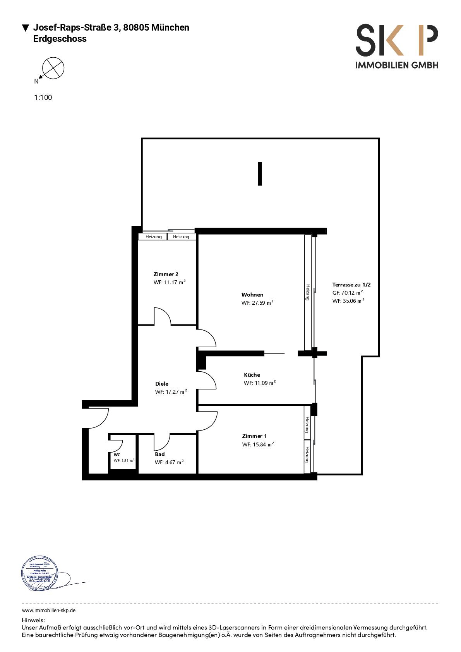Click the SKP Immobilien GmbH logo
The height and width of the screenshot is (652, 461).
[397, 46]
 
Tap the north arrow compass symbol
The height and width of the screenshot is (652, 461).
[53, 68]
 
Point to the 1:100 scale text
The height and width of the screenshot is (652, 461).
[43, 98]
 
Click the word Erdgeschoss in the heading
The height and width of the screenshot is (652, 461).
[60, 39]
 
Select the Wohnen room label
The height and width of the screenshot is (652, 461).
[252, 295]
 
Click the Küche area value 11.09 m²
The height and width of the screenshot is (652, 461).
[260, 383]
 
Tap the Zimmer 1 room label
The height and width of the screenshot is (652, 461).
[254, 436]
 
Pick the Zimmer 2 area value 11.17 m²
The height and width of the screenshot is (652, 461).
[170, 282]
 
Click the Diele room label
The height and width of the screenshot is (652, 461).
[162, 384]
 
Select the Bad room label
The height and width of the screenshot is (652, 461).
[159, 454]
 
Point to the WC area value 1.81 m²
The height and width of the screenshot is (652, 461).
[124, 461]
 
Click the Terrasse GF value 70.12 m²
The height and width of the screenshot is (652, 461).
[348, 293]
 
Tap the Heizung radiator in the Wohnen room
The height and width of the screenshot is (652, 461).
[308, 292]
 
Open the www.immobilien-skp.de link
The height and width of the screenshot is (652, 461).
[48, 611]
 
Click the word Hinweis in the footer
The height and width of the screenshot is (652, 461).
[33, 620]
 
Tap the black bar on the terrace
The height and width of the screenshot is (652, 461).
[260, 174]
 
